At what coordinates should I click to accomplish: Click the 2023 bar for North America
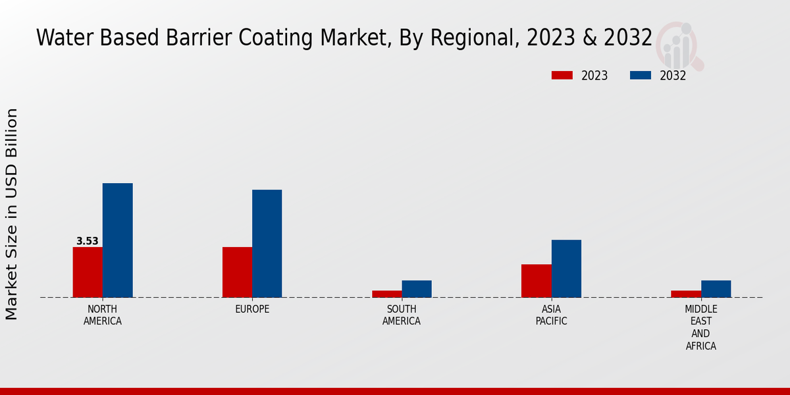tap(88, 272)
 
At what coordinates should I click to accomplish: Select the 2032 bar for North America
tap(117, 240)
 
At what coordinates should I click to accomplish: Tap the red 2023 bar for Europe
tap(237, 272)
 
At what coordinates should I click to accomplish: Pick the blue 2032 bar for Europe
tap(267, 244)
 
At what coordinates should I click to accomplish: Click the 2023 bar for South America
tap(386, 294)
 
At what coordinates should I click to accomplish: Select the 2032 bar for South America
tap(417, 289)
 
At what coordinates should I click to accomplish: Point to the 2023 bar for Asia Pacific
tap(536, 280)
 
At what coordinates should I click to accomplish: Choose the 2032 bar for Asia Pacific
tap(566, 269)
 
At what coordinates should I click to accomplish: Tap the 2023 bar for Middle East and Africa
tap(685, 294)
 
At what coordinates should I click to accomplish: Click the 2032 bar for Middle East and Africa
tap(716, 289)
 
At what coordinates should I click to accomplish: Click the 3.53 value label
tap(88, 241)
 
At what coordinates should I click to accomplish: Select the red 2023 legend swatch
tap(562, 75)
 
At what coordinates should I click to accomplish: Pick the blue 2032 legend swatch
tap(640, 75)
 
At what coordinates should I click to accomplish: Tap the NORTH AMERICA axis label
tap(103, 315)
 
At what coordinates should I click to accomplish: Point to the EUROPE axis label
tap(252, 309)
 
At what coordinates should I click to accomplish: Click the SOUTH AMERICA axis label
tap(402, 315)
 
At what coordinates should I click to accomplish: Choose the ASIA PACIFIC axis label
tap(551, 315)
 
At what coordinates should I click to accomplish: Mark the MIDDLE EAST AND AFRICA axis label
tap(700, 327)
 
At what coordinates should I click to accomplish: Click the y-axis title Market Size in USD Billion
tap(12, 214)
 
